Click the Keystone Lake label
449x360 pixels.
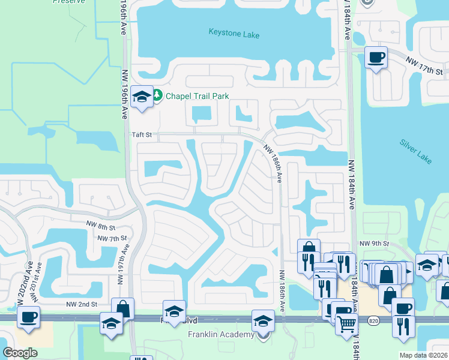coord(234,34)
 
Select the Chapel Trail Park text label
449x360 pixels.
coord(197,96)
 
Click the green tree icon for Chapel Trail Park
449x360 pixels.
coord(157,95)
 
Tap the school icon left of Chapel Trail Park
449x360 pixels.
coord(142,96)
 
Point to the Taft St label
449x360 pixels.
coord(142,136)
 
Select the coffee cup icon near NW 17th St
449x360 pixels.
coord(376,58)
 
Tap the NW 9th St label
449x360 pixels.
coord(375,244)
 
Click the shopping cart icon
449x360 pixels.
coord(346,324)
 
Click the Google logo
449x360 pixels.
coord(20,353)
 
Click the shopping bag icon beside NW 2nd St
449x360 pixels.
coord(123,308)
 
